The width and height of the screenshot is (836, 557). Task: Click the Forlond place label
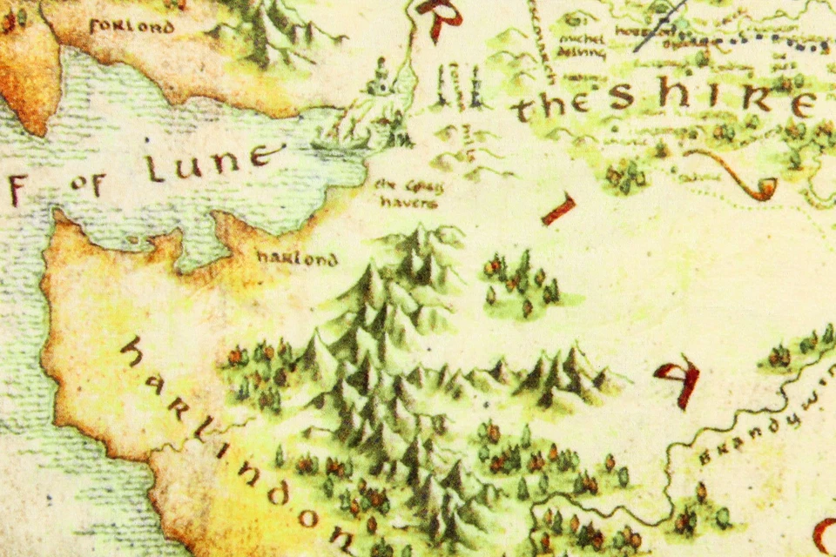point(131,26)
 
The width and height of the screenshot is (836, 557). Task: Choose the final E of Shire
point(801,104)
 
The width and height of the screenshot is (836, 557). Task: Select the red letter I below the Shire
point(558,210)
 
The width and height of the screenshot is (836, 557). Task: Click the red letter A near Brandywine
point(678,379)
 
